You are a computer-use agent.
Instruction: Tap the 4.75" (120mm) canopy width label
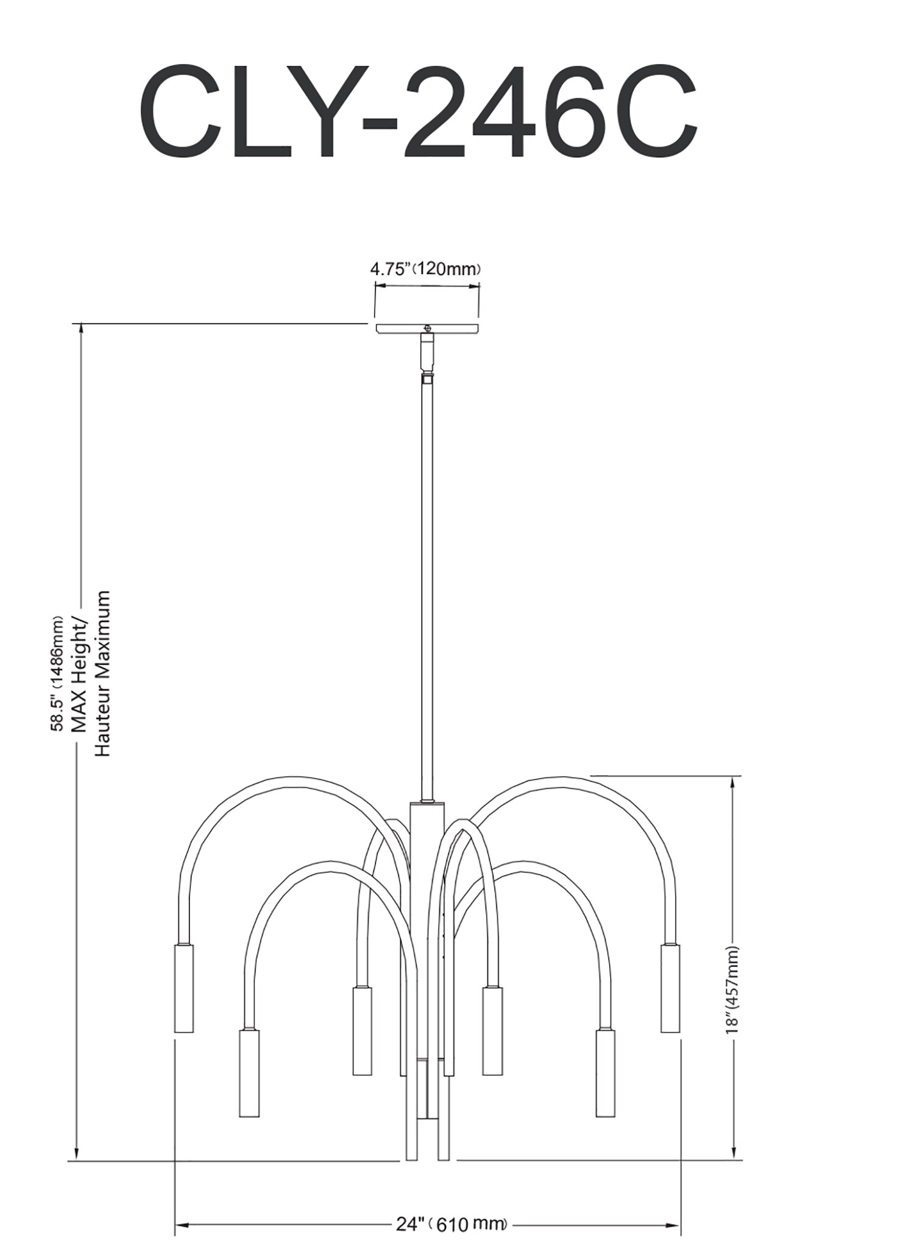point(426,269)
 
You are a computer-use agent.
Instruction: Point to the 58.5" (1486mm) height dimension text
point(57,673)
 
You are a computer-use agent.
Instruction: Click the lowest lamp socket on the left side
point(249,1073)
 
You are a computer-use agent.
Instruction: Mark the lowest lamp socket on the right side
point(605,1073)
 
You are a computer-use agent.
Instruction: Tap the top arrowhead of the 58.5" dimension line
point(77,330)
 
